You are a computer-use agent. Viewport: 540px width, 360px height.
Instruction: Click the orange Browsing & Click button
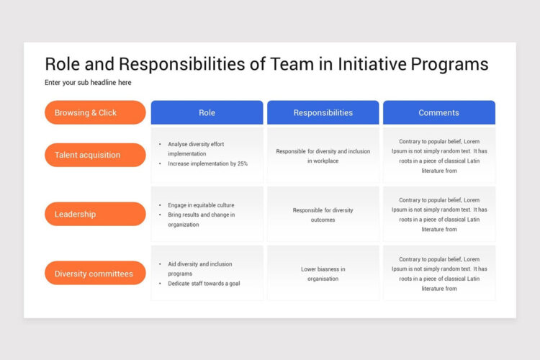pos(95,112)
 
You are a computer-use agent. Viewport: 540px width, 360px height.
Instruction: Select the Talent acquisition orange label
pos(95,155)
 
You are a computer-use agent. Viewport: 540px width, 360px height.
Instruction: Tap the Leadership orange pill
pos(95,214)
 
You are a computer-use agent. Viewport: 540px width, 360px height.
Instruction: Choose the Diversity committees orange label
pos(95,274)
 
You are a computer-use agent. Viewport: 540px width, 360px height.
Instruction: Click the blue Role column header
pos(207,112)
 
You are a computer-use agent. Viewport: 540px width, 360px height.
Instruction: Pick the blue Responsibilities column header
pos(323,112)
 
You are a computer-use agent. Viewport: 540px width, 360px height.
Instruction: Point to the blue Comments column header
pos(438,112)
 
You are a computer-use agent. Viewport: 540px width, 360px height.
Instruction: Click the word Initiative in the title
pos(372,64)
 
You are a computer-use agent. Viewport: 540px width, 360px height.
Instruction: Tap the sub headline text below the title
pos(88,83)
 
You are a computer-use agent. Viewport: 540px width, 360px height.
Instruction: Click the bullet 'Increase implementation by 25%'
pos(207,163)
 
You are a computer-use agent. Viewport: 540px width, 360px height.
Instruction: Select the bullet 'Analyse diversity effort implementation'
pos(196,148)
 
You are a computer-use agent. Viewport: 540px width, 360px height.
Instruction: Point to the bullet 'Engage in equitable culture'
pos(201,205)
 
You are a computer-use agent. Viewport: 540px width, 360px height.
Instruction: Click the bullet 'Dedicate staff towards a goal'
pos(204,284)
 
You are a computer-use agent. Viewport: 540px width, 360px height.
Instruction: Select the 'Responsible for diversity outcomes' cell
pos(323,215)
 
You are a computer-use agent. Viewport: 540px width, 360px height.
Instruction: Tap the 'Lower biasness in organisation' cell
pos(323,274)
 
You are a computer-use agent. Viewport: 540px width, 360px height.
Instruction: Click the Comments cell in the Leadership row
pos(438,215)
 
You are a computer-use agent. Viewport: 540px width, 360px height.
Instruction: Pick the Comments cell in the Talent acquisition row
pos(438,156)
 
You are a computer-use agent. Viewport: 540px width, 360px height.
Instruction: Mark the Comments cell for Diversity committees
pos(438,274)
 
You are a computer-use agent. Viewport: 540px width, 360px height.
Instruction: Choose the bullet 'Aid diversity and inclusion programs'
pos(199,269)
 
